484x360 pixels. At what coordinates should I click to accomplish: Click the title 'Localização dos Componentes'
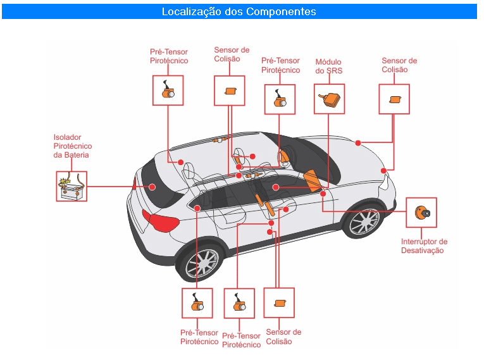tap(239, 12)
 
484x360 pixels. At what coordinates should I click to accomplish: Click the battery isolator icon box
tap(71, 186)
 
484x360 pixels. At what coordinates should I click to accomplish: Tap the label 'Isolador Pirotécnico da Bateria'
tap(72, 146)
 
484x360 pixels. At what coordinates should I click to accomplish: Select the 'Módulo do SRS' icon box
tap(329, 99)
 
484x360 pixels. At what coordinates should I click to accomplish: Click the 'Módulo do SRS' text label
tap(328, 66)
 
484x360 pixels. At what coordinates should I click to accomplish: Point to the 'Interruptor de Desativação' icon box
tap(421, 213)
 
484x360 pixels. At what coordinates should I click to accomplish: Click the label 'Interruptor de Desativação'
tap(424, 246)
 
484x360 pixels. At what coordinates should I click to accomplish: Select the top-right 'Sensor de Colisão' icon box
tap(394, 99)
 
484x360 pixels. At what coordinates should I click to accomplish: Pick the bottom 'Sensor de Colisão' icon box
tap(279, 303)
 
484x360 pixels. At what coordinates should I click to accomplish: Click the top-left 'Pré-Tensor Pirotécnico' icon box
tap(168, 90)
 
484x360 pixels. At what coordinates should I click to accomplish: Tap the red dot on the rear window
tap(152, 187)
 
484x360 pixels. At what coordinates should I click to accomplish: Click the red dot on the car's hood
tap(358, 143)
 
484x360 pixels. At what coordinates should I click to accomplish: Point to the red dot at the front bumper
tap(383, 171)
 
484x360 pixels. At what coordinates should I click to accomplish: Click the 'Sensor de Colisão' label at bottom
tap(283, 337)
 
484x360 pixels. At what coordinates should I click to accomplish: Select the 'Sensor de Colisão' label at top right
tap(399, 65)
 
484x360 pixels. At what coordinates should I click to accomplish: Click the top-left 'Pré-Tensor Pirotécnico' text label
tap(169, 56)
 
